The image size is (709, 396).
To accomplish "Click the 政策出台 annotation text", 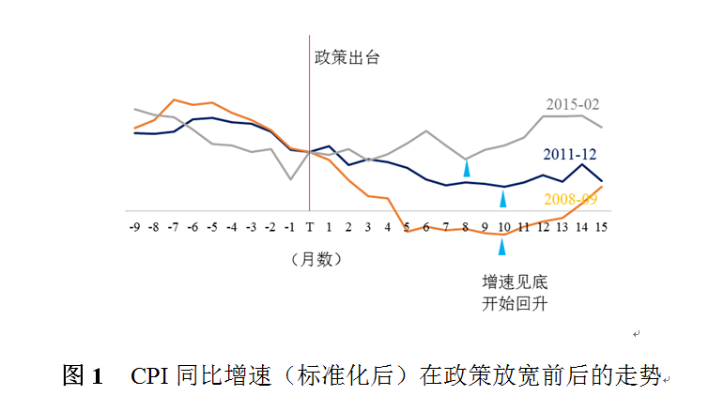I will click(347, 56).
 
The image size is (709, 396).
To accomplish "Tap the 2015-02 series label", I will click(573, 103).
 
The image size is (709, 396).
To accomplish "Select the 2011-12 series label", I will click(570, 154).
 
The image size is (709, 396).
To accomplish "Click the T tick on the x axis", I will click(310, 227).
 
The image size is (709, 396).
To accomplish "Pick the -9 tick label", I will click(135, 227).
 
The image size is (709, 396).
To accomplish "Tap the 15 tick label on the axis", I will click(600, 227).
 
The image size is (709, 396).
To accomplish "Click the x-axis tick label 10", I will click(503, 227).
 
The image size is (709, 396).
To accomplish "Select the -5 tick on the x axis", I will click(213, 227).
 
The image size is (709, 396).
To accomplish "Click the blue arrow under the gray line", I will click(466, 168).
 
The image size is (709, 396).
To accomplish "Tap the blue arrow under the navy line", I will click(503, 198).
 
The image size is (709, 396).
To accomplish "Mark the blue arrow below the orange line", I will click(502, 246).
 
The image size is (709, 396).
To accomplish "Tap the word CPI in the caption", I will click(150, 376).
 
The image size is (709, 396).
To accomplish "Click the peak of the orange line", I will click(175, 99).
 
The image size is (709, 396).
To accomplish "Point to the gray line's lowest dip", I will click(290, 179).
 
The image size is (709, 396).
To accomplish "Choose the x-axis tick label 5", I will click(407, 227).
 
